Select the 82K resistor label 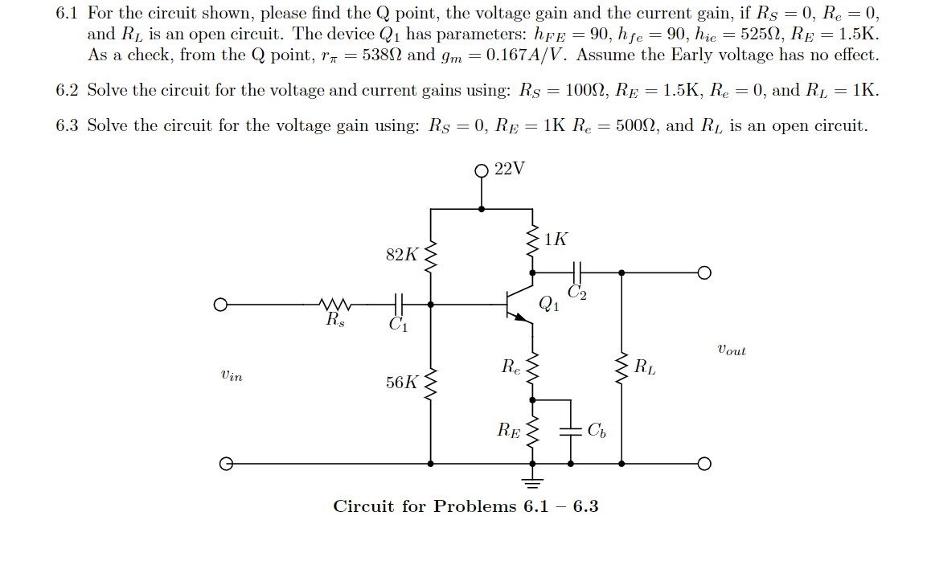coord(401,255)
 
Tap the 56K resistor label coord(401,383)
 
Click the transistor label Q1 coord(548,304)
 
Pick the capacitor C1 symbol coord(397,305)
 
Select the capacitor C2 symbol coord(576,273)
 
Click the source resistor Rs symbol coord(333,305)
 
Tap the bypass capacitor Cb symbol coord(571,430)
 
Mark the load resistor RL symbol coord(621,370)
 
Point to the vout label coord(730,350)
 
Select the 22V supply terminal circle coord(482,170)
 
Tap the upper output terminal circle coord(704,273)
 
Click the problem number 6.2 coord(67,90)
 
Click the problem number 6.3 coord(67,125)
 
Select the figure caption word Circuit coord(363,506)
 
